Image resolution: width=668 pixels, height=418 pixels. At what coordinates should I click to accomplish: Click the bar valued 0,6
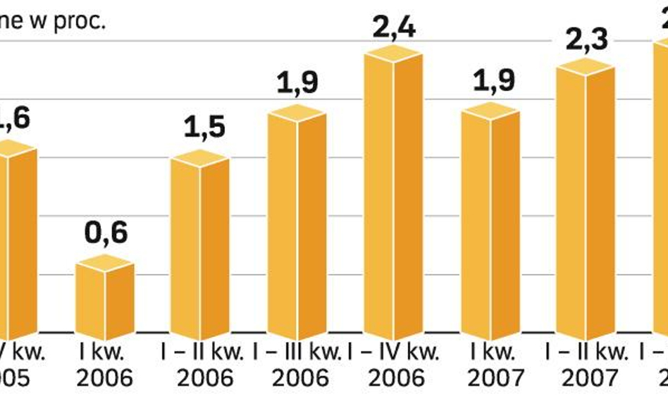pos(105,300)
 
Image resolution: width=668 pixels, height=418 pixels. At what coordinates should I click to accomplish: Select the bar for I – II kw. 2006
pos(200,247)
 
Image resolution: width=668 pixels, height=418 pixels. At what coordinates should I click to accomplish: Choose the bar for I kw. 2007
pos(490,222)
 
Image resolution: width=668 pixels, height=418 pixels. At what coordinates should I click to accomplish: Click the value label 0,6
pos(106,232)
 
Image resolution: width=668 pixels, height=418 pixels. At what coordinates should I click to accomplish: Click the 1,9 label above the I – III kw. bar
pos(297,83)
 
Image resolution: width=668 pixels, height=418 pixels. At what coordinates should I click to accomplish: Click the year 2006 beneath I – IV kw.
pos(397,378)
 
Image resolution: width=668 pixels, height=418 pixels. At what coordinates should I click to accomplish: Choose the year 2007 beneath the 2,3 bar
pos(590,378)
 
